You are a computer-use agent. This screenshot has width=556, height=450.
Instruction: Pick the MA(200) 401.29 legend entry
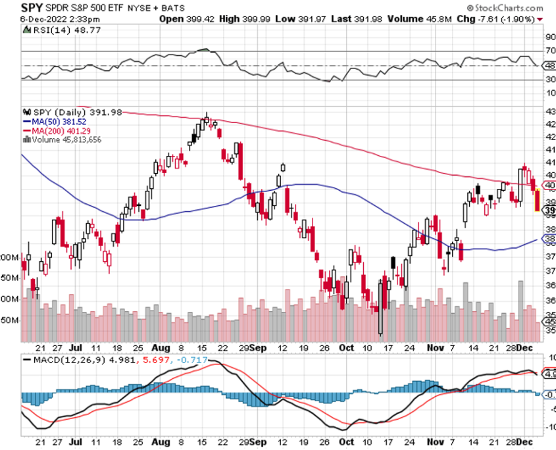(x=57, y=130)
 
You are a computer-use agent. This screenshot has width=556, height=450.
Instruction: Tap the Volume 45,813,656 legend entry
(x=66, y=139)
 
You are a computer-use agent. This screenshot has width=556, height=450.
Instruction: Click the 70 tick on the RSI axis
(x=549, y=51)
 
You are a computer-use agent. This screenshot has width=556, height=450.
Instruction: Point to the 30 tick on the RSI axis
(x=549, y=80)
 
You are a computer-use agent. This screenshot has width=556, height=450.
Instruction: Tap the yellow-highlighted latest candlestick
(x=538, y=199)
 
